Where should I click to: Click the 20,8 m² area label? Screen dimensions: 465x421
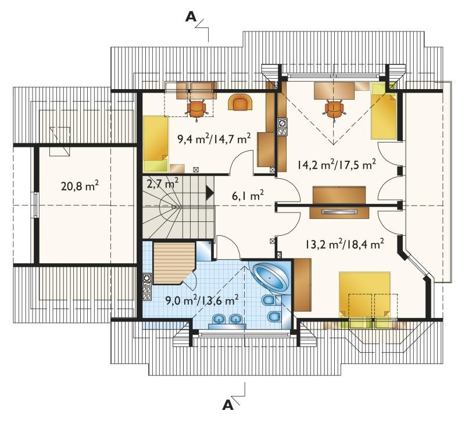pos(80,186)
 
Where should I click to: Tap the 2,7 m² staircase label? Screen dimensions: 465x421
pos(163,183)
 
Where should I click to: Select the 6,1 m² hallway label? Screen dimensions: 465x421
pos(248,196)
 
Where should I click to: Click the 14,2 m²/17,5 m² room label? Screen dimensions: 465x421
pos(337,164)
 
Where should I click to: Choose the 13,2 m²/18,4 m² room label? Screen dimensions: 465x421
pos(345,245)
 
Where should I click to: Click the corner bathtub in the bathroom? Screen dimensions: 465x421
pos(271,277)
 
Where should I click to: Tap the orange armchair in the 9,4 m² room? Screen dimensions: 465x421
pos(240,102)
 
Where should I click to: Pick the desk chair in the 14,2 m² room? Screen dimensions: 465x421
pos(334,110)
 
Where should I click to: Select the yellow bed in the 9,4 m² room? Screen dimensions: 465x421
pos(156,144)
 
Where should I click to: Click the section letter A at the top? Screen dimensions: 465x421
pos(191,17)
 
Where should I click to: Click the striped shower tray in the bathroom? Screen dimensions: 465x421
pos(173,263)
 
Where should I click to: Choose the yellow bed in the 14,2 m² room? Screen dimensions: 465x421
pos(384,111)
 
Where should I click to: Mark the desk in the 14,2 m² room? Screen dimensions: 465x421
pos(334,91)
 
